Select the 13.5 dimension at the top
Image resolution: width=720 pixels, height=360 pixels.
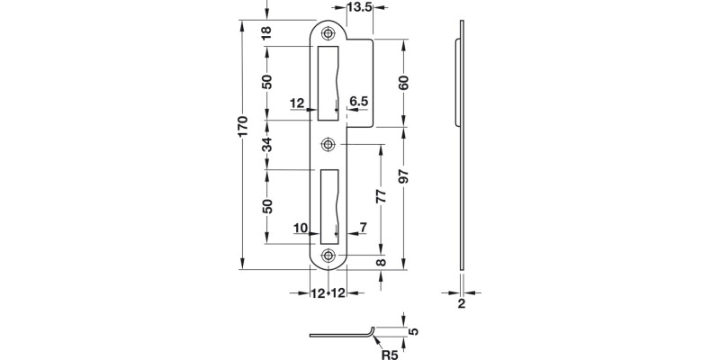click(359, 8)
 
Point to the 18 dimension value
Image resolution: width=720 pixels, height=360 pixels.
click(266, 33)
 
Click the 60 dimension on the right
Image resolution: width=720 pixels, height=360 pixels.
click(404, 82)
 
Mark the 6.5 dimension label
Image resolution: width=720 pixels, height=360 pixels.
click(358, 103)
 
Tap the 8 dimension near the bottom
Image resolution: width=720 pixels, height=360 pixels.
click(381, 262)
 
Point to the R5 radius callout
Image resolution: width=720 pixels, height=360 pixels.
click(390, 354)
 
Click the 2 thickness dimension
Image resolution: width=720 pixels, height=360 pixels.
click(461, 304)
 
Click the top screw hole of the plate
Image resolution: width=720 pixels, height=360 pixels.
click(328, 32)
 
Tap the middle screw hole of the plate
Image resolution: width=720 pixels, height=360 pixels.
click(328, 143)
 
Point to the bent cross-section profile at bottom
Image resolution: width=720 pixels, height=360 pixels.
click(342, 335)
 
